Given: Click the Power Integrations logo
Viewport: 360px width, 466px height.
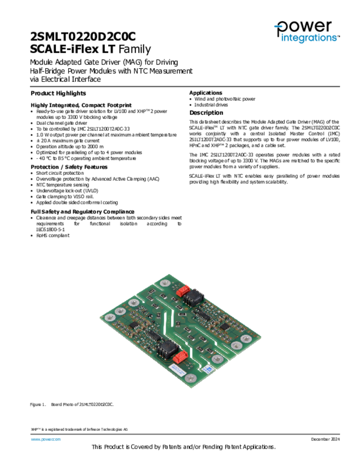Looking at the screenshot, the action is pyautogui.click(x=307, y=31).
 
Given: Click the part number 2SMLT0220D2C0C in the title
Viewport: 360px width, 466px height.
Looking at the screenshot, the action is pyautogui.click(x=83, y=37).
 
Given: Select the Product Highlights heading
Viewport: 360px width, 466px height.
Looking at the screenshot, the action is pyautogui.click(x=58, y=93).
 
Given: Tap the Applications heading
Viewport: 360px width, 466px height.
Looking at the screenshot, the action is pyautogui.click(x=206, y=93).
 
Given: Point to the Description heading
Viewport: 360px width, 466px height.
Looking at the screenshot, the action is pyautogui.click(x=206, y=113).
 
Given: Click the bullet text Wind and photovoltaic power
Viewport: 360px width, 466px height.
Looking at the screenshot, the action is pyautogui.click(x=225, y=99).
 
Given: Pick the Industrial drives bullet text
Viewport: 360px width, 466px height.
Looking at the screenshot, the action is pyautogui.click(x=211, y=105).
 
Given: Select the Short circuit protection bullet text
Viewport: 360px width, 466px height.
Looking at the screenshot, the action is pyautogui.click(x=60, y=173).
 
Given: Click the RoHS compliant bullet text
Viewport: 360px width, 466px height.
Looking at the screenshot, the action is pyautogui.click(x=53, y=235).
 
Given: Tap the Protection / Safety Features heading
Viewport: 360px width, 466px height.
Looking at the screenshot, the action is pyautogui.click(x=69, y=167).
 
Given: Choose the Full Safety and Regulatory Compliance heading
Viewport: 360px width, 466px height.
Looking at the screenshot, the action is pyautogui.click(x=82, y=212).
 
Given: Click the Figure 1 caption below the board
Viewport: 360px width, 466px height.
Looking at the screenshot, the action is pyautogui.click(x=71, y=405).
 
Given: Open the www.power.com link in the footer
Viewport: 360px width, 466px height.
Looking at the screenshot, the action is pyautogui.click(x=46, y=439).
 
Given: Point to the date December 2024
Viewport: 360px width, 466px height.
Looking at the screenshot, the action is pyautogui.click(x=325, y=439).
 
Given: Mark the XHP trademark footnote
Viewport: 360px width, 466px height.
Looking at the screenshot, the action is pyautogui.click(x=79, y=430).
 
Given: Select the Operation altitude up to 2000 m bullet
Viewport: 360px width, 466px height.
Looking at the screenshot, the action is pyautogui.click(x=70, y=147).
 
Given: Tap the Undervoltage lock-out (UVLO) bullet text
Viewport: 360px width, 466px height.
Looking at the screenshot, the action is pyautogui.click(x=67, y=191).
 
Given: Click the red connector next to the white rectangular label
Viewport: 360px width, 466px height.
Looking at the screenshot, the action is pyautogui.click(x=181, y=357).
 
